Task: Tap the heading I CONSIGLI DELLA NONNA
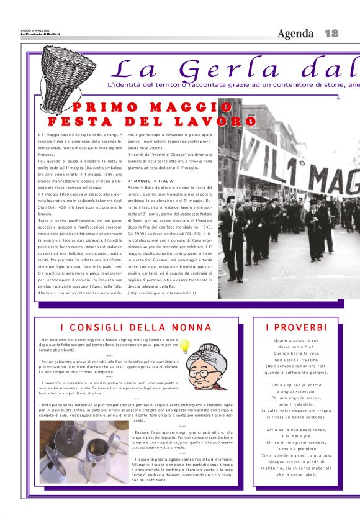coord(127,327)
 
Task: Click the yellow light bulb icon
coord(184,347)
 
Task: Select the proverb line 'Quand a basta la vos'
coord(296,340)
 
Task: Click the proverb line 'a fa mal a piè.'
coord(296,436)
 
